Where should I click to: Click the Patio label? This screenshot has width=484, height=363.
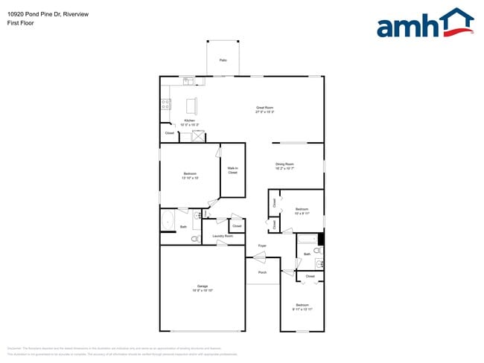(x=223, y=60)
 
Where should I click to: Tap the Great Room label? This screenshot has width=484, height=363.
(x=265, y=109)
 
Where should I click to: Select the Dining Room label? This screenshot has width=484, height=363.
(x=285, y=166)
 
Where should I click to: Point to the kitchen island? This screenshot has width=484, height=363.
(x=192, y=103)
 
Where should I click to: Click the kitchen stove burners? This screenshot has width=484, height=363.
(x=165, y=105)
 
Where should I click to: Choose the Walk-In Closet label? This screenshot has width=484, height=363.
(x=232, y=170)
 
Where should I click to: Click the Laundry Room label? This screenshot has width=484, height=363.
(x=223, y=237)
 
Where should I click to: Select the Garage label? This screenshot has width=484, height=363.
(x=202, y=288)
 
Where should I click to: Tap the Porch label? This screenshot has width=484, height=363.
(x=262, y=273)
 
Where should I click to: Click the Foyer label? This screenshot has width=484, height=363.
(x=262, y=245)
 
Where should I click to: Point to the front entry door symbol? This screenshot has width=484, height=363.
(x=258, y=257)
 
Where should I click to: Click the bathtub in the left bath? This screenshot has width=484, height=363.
(x=168, y=222)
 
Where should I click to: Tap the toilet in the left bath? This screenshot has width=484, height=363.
(x=195, y=239)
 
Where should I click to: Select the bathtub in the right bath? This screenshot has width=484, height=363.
(x=308, y=240)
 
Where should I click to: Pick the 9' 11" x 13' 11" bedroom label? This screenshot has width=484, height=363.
(x=302, y=306)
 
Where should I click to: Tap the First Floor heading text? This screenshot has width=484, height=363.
(x=21, y=23)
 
